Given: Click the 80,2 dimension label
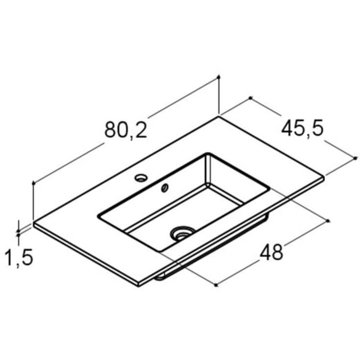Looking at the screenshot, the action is (125, 130).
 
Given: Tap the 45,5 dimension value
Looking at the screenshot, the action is (302, 128).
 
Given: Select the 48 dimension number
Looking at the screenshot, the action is (271, 252).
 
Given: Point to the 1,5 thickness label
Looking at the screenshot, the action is (19, 258).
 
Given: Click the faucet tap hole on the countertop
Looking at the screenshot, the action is (141, 178).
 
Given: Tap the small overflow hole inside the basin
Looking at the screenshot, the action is (165, 188).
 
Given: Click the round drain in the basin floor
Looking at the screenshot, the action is (183, 233).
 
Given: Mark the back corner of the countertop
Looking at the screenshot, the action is (218, 117).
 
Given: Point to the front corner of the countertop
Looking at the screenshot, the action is (139, 286).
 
